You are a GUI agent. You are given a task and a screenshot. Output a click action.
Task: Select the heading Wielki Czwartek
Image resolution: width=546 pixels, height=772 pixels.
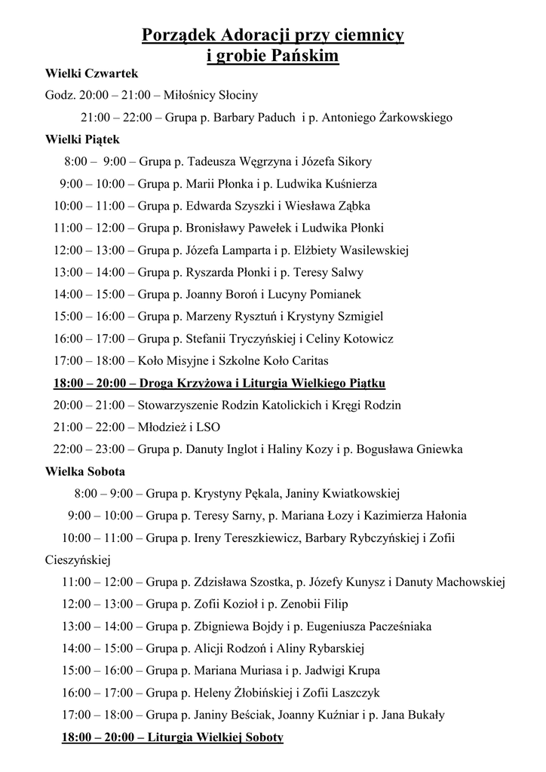[x=91, y=73]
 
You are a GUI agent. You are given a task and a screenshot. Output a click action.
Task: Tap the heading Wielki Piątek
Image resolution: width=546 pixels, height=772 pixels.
[x=82, y=139]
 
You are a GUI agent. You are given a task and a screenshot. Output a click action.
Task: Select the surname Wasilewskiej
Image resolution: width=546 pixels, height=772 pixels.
[x=375, y=250]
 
